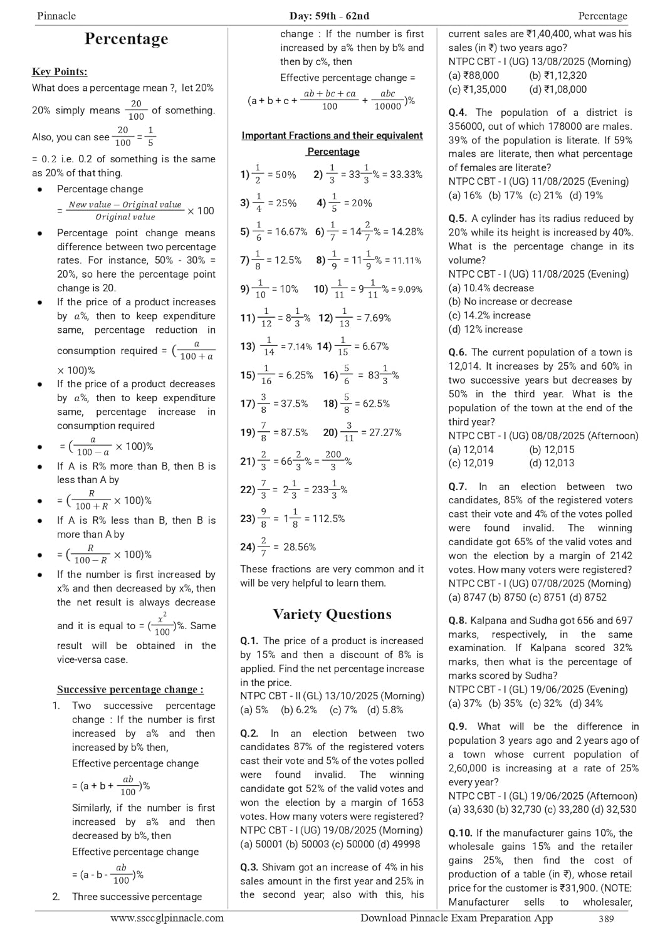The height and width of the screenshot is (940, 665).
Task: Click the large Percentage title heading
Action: [126, 39]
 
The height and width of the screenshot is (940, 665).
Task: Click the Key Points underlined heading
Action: [60, 71]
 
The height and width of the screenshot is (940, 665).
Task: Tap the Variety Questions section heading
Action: [332, 614]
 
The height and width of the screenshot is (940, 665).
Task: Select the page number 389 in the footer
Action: [605, 919]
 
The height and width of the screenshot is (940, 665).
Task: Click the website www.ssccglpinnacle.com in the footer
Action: [167, 918]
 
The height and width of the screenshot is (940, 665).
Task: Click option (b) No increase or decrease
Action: [510, 301]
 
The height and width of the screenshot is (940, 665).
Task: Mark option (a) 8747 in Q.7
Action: [466, 597]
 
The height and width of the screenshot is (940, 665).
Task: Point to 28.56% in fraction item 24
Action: [300, 547]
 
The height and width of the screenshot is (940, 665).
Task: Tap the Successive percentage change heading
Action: [130, 689]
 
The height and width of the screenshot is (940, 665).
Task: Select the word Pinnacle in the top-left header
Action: [56, 16]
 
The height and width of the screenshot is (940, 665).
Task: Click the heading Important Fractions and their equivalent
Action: [332, 135]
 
